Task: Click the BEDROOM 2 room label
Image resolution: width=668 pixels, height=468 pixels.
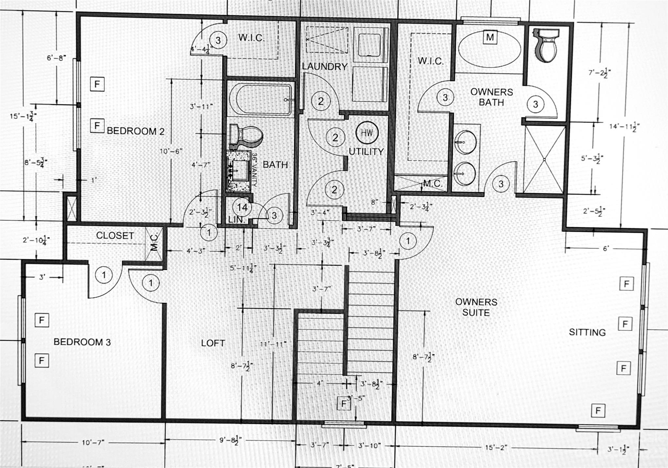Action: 136,131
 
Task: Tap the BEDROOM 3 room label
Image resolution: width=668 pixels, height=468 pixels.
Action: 82,342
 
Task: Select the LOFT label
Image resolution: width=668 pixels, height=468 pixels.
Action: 213,343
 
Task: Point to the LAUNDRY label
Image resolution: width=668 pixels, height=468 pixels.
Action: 325,66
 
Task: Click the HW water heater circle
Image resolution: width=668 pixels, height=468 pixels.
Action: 367,133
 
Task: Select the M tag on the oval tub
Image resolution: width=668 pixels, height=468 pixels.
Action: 490,37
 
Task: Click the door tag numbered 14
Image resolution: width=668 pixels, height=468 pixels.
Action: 242,207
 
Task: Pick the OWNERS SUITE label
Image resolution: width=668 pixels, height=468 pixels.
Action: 476,307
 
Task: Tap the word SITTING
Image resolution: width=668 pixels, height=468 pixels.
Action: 587,332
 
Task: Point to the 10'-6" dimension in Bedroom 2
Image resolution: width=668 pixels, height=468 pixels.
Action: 171,151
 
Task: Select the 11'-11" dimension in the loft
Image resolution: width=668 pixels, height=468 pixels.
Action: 273,344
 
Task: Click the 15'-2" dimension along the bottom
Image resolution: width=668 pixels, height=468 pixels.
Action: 496,447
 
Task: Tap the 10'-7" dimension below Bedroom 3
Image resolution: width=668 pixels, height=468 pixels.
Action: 93,443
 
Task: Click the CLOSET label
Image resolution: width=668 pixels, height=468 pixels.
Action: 115,235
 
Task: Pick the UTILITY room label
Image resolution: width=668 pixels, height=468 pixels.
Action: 366,152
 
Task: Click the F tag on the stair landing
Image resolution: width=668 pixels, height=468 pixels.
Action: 343,404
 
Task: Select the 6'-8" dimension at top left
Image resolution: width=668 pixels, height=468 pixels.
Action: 56,58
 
